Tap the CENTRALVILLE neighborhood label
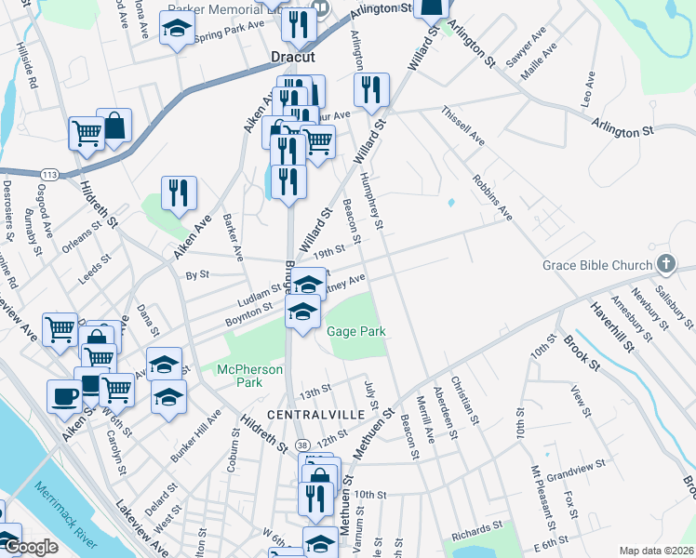point(306,413)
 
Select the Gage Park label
point(355,332)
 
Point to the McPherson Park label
point(249,375)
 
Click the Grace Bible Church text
point(597,266)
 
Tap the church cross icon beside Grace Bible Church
point(666,265)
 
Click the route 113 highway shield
point(49,175)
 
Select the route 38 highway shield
point(303,447)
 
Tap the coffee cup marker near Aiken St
point(64,396)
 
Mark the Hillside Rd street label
point(25,69)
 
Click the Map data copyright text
point(655,551)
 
